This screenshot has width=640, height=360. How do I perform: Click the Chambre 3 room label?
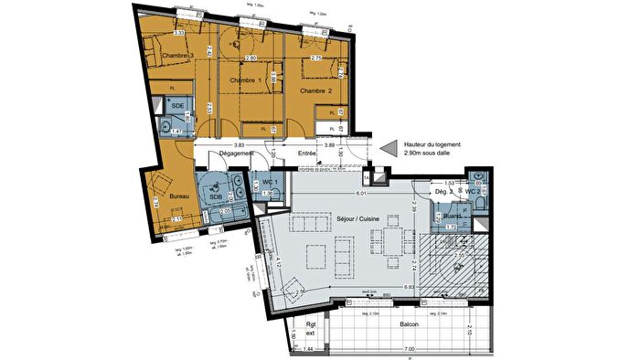[x=180, y=57]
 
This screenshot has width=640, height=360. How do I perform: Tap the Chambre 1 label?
[x=244, y=81]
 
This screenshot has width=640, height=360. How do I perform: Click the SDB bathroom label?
[x=217, y=196]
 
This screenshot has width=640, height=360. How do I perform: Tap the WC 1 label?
[x=269, y=181]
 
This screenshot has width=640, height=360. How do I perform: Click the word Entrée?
[x=306, y=154]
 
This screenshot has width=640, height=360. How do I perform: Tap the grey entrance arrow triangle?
[x=391, y=147]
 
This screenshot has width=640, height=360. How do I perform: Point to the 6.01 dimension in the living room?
[x=361, y=193]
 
